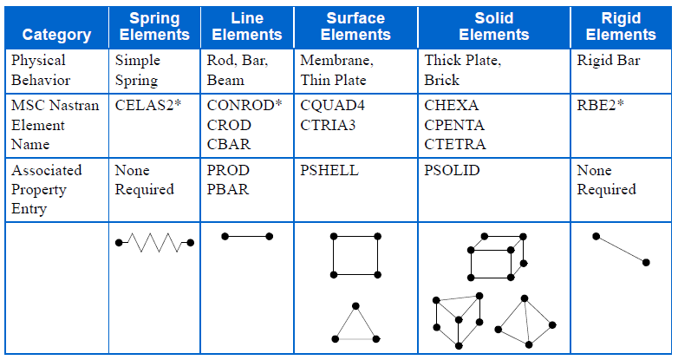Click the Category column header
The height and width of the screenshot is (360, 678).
coord(56,35)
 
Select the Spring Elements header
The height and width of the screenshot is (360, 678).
coord(154,26)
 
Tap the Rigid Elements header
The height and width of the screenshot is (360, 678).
coord(621,26)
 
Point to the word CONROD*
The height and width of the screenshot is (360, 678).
coord(245,106)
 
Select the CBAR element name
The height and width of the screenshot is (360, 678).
coord(229,144)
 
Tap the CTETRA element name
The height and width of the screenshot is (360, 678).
coord(455,144)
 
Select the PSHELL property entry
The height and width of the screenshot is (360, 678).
coord(329,171)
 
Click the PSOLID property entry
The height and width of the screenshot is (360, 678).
coord(452,171)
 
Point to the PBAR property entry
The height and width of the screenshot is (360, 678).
coord(228,190)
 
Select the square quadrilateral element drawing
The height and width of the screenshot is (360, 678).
coord(355,255)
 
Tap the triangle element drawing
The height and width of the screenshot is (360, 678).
coord(355,324)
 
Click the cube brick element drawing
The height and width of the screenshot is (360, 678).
coord(497,256)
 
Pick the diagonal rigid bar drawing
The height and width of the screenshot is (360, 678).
coord(621,249)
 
